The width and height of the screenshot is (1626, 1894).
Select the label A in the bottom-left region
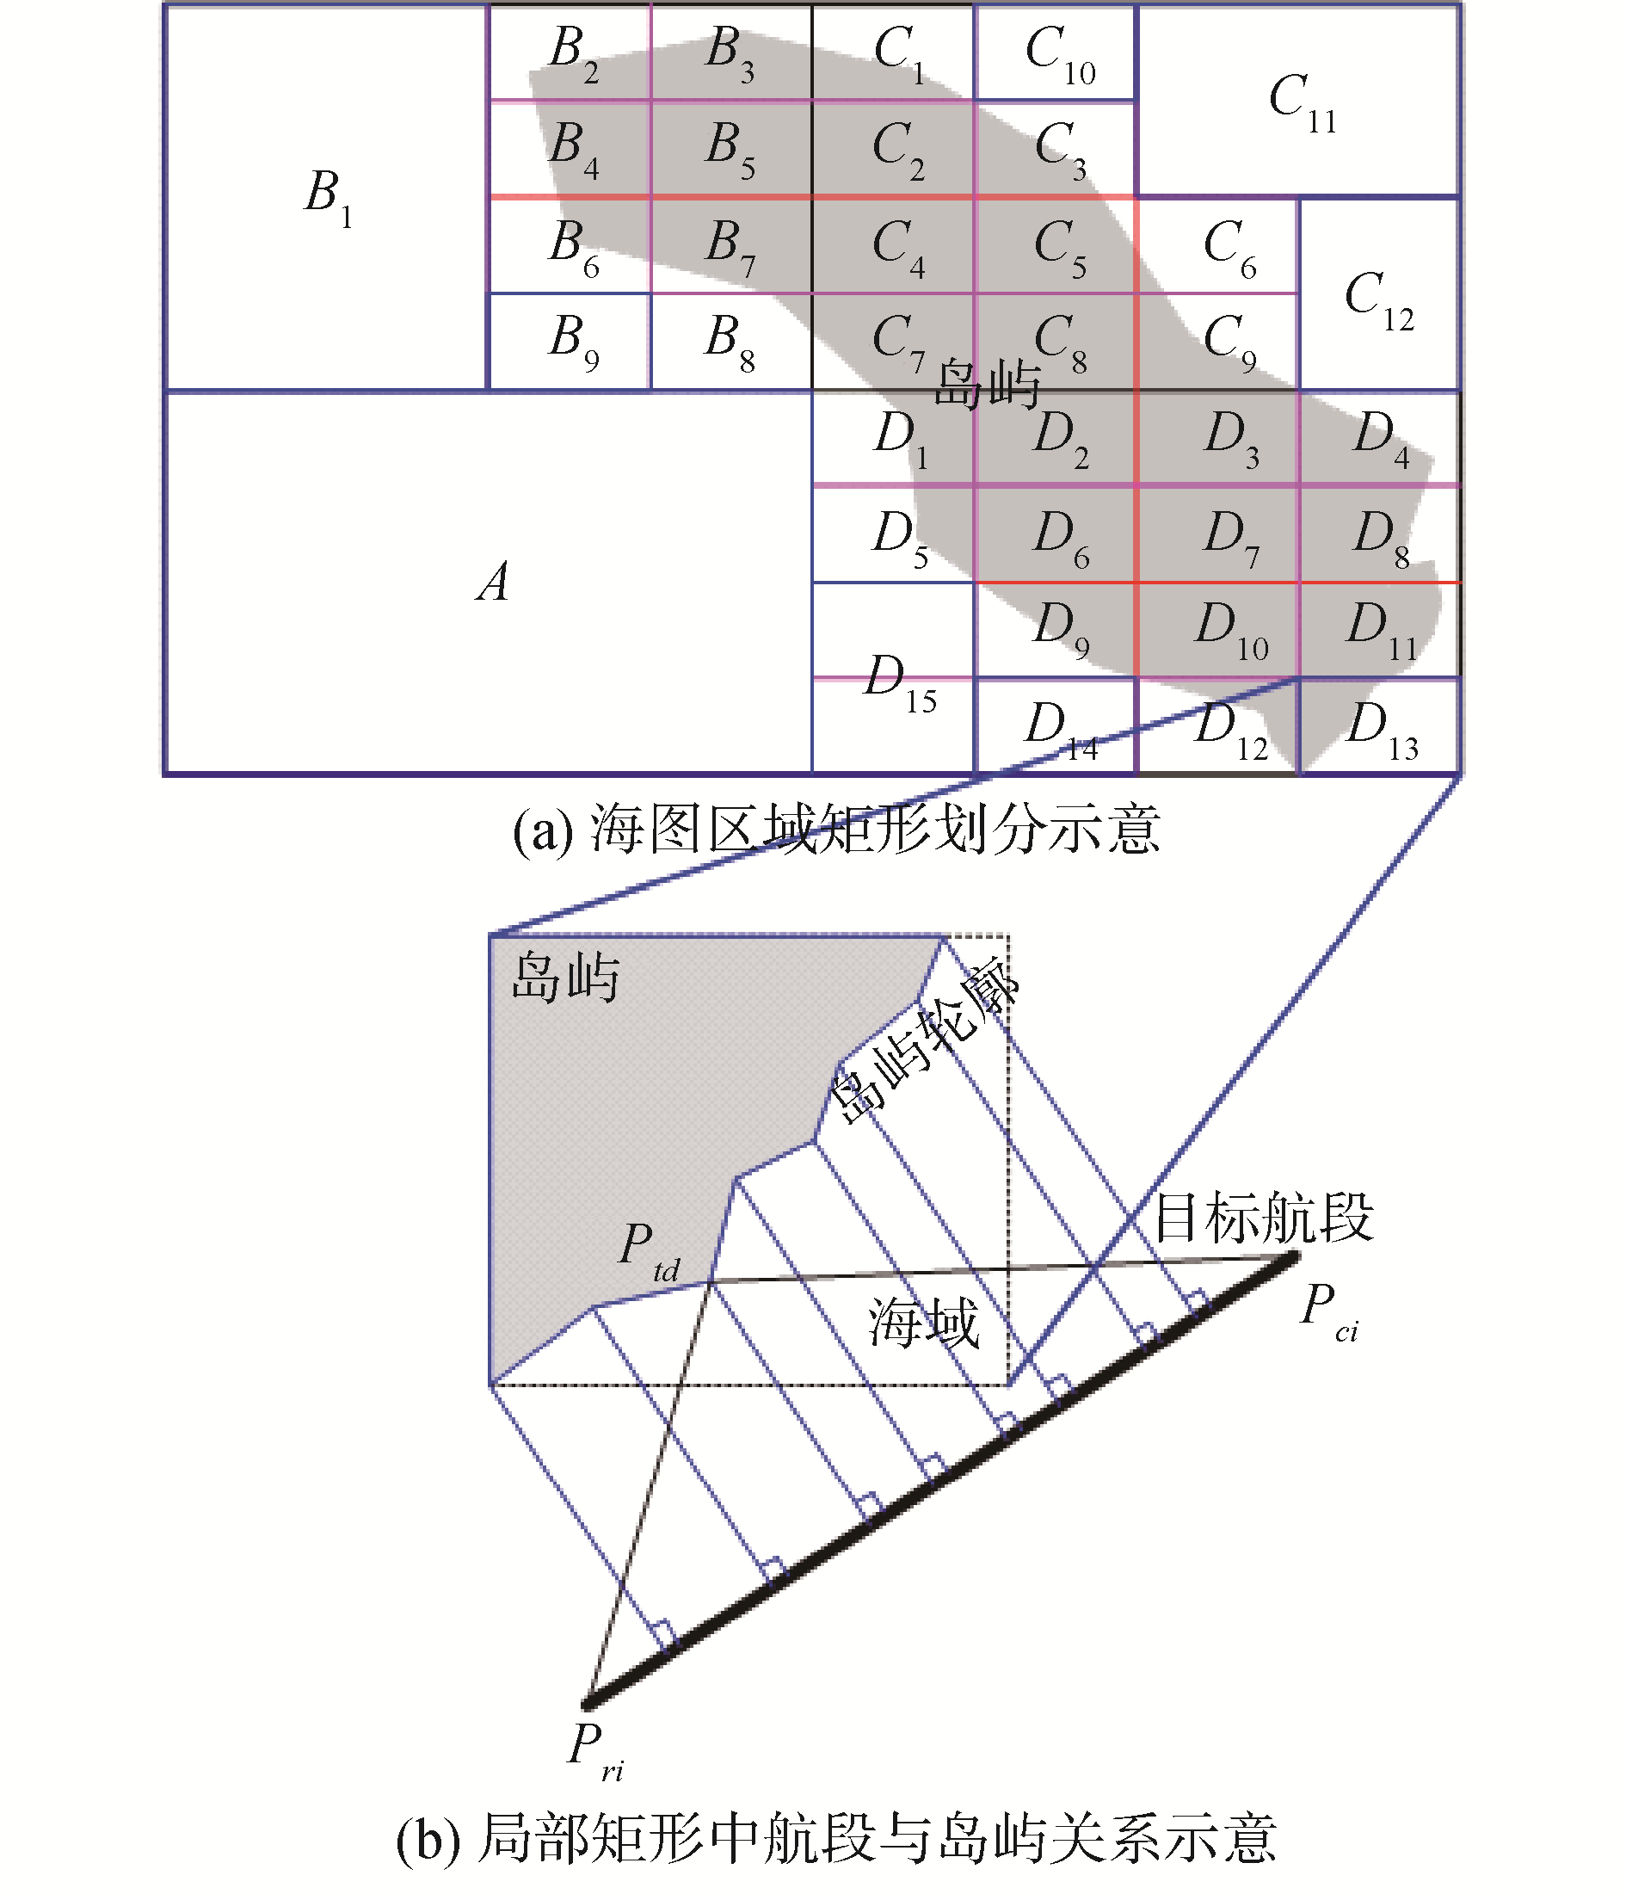pyautogui.click(x=493, y=583)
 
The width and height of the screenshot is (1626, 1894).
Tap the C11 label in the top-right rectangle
pyautogui.click(x=1302, y=102)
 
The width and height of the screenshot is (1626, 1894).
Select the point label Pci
pyautogui.click(x=1328, y=1311)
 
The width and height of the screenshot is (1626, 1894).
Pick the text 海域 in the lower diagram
pyautogui.click(x=923, y=1323)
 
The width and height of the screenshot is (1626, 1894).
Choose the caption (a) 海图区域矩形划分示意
pyautogui.click(x=835, y=829)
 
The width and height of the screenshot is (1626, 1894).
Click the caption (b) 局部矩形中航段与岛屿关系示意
pyautogui.click(x=835, y=1837)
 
